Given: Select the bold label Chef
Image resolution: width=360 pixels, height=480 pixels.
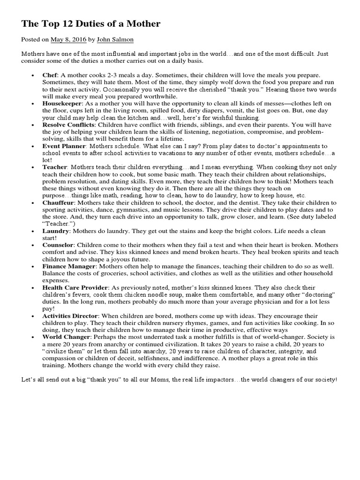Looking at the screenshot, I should [49, 75].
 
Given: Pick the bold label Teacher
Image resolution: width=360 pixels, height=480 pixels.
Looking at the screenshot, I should [55, 167].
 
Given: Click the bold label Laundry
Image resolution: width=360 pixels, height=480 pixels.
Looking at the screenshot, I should [55, 232].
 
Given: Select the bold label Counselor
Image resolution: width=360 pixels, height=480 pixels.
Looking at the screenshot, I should [58, 245].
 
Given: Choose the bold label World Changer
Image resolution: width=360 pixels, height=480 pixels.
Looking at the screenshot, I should [65, 337].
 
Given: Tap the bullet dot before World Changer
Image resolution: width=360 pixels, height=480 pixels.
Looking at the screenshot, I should [33, 337].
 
